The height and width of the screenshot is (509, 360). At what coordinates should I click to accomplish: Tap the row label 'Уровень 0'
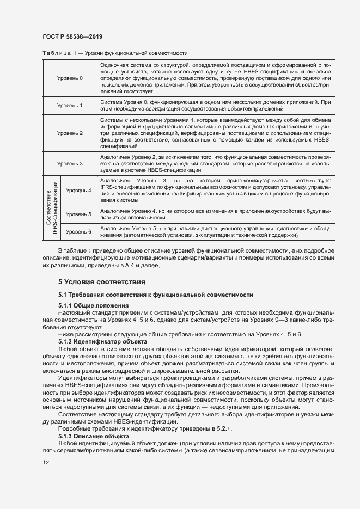pyautogui.click(x=70, y=78)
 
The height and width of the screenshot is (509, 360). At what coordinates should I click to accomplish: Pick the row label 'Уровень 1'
pyautogui.click(x=70, y=105)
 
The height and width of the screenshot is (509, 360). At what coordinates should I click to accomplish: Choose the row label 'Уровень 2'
pyautogui.click(x=70, y=133)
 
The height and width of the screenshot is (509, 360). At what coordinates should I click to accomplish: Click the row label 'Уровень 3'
pyautogui.click(x=70, y=163)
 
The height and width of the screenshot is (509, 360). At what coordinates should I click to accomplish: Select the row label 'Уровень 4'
pyautogui.click(x=78, y=191)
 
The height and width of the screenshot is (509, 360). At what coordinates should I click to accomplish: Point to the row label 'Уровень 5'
pyautogui.click(x=78, y=214)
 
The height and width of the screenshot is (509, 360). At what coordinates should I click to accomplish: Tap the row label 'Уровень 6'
pyautogui.click(x=78, y=232)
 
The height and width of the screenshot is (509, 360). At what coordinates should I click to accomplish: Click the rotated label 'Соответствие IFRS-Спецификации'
pyautogui.click(x=52, y=208)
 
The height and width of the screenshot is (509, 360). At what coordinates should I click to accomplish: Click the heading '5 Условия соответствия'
pyautogui.click(x=101, y=282)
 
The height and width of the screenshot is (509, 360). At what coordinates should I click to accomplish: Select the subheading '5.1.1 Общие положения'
pyautogui.click(x=93, y=305)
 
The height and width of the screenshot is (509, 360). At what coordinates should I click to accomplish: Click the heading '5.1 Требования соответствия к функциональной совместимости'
pyautogui.click(x=155, y=295)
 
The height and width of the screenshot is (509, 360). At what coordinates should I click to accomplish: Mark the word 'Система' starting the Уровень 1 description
pyautogui.click(x=111, y=102)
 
